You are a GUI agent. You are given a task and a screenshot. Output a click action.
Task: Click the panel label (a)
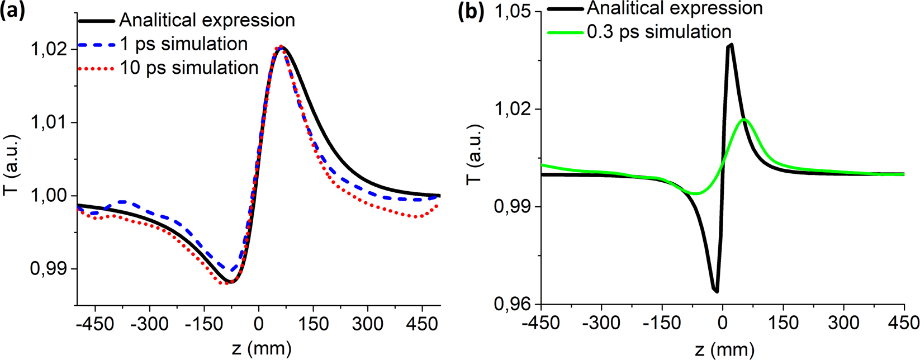pyautogui.click(x=13, y=11)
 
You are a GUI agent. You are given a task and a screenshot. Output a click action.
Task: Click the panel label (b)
pyautogui.click(x=471, y=11)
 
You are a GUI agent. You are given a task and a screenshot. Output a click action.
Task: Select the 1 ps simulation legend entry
pyautogui.click(x=183, y=44)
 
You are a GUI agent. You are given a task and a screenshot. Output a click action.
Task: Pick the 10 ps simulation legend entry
pyautogui.click(x=189, y=68)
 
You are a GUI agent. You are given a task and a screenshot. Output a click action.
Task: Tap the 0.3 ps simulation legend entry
pyautogui.click(x=658, y=32)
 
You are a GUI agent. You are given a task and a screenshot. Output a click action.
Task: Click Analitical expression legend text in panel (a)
pyautogui.click(x=207, y=21)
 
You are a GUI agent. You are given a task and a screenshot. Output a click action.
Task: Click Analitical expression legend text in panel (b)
pyautogui.click(x=675, y=8)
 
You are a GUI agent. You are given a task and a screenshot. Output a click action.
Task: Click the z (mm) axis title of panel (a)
pyautogui.click(x=262, y=349)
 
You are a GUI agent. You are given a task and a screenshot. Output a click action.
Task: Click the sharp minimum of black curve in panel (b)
pyautogui.click(x=716, y=291)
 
